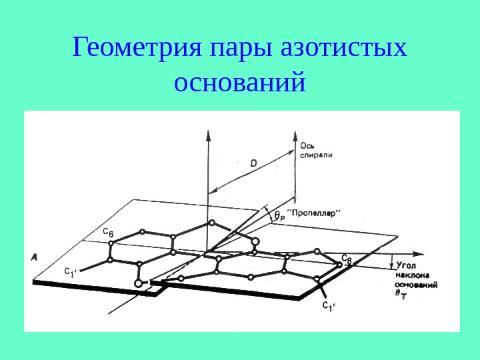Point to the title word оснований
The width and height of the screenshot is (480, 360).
(239, 83)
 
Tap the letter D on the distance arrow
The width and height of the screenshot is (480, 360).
(255, 162)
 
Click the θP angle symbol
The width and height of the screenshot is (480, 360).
(279, 215)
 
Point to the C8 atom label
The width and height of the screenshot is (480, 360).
(346, 259)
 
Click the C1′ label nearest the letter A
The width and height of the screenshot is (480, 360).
(71, 271)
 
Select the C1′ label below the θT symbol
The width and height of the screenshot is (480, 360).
(328, 307)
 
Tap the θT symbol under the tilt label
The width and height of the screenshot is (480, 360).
(401, 294)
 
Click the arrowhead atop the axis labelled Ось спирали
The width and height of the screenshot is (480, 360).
(294, 136)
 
